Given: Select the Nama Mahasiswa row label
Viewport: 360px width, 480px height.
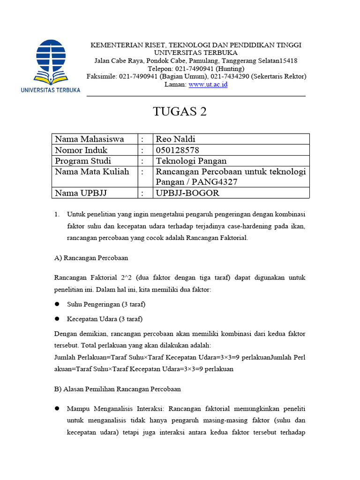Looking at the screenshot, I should [90, 139].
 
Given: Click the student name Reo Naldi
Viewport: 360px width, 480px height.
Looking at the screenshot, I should [175, 139].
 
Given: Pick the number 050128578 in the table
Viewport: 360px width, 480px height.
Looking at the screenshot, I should [178, 150].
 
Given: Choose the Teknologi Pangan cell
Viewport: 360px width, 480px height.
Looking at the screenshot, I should [191, 161].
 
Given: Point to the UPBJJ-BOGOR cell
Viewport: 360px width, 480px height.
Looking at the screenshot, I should [187, 193].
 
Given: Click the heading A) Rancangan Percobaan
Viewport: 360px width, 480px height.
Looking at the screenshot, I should [91, 258].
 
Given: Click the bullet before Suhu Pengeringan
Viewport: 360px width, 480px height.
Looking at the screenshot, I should [57, 304].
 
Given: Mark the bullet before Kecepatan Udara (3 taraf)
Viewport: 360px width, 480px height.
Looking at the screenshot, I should [57, 319].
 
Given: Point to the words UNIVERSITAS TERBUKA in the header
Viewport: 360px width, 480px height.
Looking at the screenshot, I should [196, 52].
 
